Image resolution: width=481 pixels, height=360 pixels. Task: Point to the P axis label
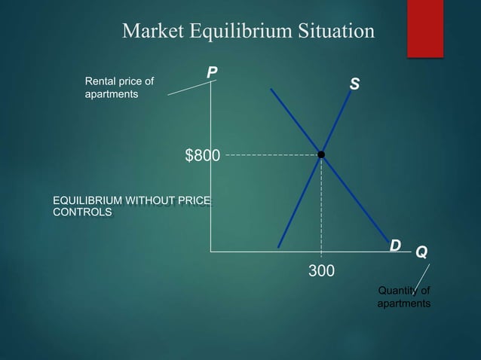click(213, 73)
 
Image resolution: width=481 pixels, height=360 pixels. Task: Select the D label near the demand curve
click(394, 246)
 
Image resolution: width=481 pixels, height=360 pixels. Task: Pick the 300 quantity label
click(322, 270)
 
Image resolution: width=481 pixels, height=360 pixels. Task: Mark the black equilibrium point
click(321, 154)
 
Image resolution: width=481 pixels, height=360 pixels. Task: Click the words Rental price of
click(118, 81)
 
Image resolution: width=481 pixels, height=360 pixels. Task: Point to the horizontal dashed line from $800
click(271, 155)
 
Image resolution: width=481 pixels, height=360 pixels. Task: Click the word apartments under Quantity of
click(404, 304)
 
